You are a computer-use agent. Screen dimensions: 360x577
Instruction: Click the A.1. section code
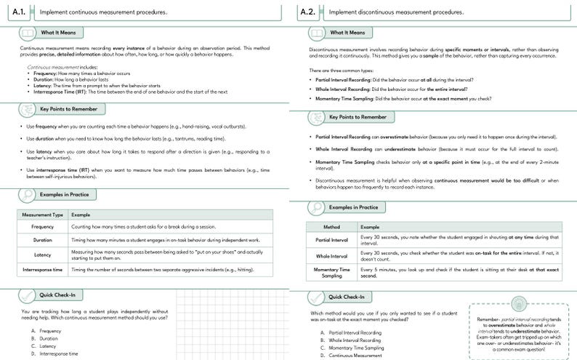coord(20,12)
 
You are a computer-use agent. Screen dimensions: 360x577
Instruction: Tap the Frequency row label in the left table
coord(43,226)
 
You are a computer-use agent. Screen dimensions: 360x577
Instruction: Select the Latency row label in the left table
coord(43,255)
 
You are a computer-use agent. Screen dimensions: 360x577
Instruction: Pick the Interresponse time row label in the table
coord(43,269)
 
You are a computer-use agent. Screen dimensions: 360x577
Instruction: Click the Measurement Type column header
coord(43,215)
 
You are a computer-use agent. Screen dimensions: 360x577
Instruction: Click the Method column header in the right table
coord(331,227)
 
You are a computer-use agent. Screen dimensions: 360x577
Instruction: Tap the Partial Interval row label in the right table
coord(331,240)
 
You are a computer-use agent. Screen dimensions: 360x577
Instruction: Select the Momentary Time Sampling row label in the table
coord(331,272)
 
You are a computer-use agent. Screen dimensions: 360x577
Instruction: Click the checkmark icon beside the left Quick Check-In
coord(26,296)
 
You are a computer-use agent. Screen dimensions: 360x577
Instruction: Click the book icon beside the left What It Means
coord(26,33)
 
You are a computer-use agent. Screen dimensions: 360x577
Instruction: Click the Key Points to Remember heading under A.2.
coord(358,116)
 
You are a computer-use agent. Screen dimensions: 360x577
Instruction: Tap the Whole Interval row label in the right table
coord(331,257)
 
